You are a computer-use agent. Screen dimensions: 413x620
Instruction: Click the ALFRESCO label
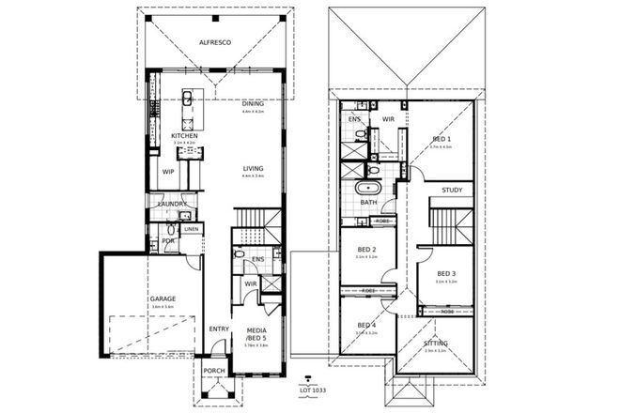point(213,42)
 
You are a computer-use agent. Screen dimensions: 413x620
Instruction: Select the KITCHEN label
point(184,136)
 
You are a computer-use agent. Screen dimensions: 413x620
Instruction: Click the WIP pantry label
point(168,172)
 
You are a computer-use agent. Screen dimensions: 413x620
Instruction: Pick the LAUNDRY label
point(172,204)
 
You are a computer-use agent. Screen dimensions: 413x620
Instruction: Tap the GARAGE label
point(163,299)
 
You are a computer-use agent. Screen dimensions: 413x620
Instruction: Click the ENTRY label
point(219,329)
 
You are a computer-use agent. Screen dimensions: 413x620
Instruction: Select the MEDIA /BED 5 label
point(256,334)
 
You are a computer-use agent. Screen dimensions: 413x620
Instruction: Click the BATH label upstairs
point(368,203)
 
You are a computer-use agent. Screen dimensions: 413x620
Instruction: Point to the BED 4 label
point(365,325)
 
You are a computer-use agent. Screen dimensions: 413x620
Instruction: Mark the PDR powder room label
point(168,240)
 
